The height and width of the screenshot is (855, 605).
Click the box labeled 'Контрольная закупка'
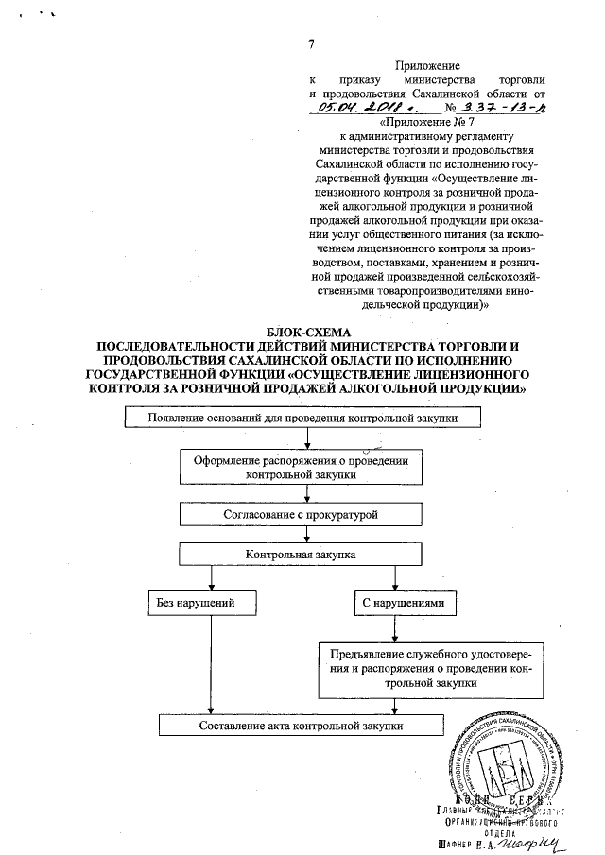(x=301, y=555)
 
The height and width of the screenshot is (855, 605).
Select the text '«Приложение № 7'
(x=427, y=122)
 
